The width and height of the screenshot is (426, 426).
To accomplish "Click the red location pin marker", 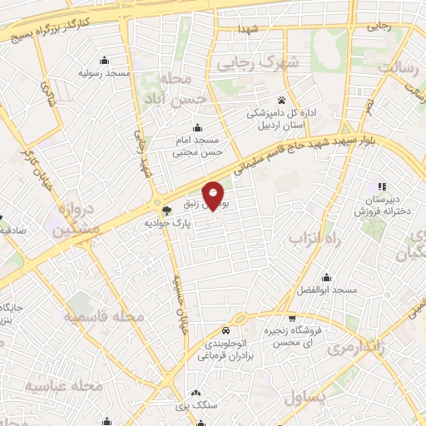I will [215, 196].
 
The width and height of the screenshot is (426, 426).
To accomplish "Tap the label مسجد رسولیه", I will [105, 73].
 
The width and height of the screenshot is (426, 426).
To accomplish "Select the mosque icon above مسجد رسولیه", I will [104, 60].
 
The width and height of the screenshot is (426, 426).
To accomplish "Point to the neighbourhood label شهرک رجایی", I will [247, 63].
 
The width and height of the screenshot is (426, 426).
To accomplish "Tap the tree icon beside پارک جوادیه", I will [166, 210].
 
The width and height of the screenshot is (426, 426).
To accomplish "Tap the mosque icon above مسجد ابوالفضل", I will [328, 277].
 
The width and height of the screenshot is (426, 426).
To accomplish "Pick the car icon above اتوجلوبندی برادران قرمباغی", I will [225, 330].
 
